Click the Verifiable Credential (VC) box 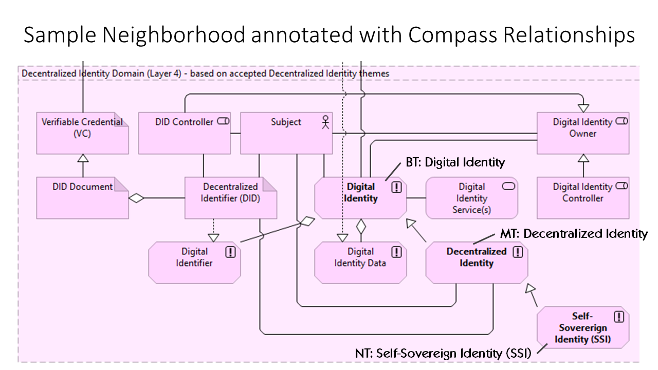[82, 133]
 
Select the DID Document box [82, 198]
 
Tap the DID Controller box [185, 133]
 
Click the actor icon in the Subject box [325, 122]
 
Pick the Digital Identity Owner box [582, 133]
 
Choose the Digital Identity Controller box [582, 198]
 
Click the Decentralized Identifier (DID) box [230, 198]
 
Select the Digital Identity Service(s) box [471, 198]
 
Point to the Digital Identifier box [194, 263]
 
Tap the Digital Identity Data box [360, 263]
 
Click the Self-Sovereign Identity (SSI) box [582, 327]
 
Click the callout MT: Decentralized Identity [574, 234]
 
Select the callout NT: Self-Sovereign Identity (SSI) [443, 353]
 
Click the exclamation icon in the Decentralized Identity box [518, 252]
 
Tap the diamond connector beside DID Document [136, 198]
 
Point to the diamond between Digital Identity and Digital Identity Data [361, 225]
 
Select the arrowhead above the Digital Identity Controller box [583, 159]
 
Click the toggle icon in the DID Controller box [223, 122]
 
